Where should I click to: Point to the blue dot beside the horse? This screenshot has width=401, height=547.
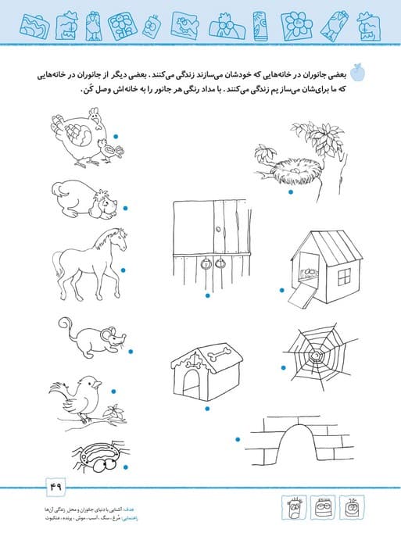[124, 270]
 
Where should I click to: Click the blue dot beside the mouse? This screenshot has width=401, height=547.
[131, 352]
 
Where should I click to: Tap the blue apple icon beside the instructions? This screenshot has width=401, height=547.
[359, 73]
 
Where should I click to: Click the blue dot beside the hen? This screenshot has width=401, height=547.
[116, 137]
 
